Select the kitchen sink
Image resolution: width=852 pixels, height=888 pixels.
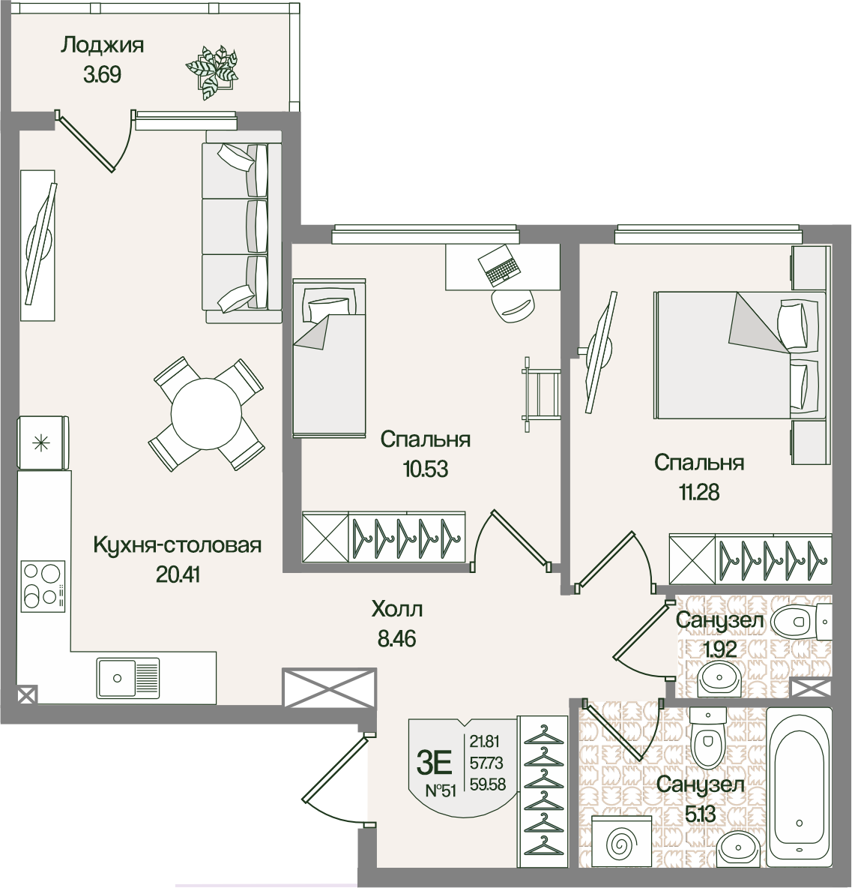point(128,677)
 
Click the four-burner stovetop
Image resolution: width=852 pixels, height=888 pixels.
point(43,586)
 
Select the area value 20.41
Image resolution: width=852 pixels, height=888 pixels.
point(178,574)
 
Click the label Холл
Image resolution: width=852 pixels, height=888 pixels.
point(397,609)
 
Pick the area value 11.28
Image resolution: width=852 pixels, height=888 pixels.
point(698,492)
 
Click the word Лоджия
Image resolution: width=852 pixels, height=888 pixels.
point(103,44)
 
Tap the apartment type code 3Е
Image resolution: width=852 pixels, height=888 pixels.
point(435,763)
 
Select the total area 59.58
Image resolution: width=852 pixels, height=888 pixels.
point(488,785)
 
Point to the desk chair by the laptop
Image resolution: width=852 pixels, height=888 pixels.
point(512,305)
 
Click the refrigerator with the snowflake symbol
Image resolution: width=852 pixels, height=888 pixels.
point(43,442)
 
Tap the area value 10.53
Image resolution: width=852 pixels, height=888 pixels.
point(426,469)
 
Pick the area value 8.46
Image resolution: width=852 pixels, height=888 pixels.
point(396,639)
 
